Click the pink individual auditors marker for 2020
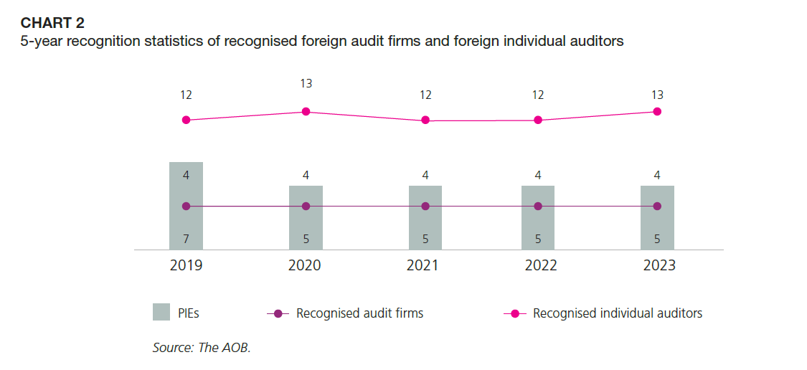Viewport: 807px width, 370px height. (x=306, y=111)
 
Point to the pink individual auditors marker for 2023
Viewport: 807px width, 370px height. (x=657, y=111)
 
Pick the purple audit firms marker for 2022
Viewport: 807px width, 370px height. (x=538, y=206)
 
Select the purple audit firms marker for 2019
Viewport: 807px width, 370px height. (x=186, y=206)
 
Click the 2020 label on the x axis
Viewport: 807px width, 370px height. (x=304, y=265)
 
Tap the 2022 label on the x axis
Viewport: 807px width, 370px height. (x=541, y=265)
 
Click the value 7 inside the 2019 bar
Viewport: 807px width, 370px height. (x=186, y=238)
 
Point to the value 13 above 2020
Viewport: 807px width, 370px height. (x=306, y=84)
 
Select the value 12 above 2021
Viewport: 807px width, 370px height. (x=425, y=95)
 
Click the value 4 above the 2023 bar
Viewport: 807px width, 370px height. (x=657, y=175)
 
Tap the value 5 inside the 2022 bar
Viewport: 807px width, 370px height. (x=538, y=238)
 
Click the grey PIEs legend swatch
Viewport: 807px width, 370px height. (x=161, y=313)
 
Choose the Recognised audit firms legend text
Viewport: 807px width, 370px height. (x=359, y=313)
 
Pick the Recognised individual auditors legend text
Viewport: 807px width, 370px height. (x=618, y=313)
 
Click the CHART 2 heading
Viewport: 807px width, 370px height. (x=52, y=23)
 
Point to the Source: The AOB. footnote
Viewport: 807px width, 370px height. (x=202, y=348)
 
